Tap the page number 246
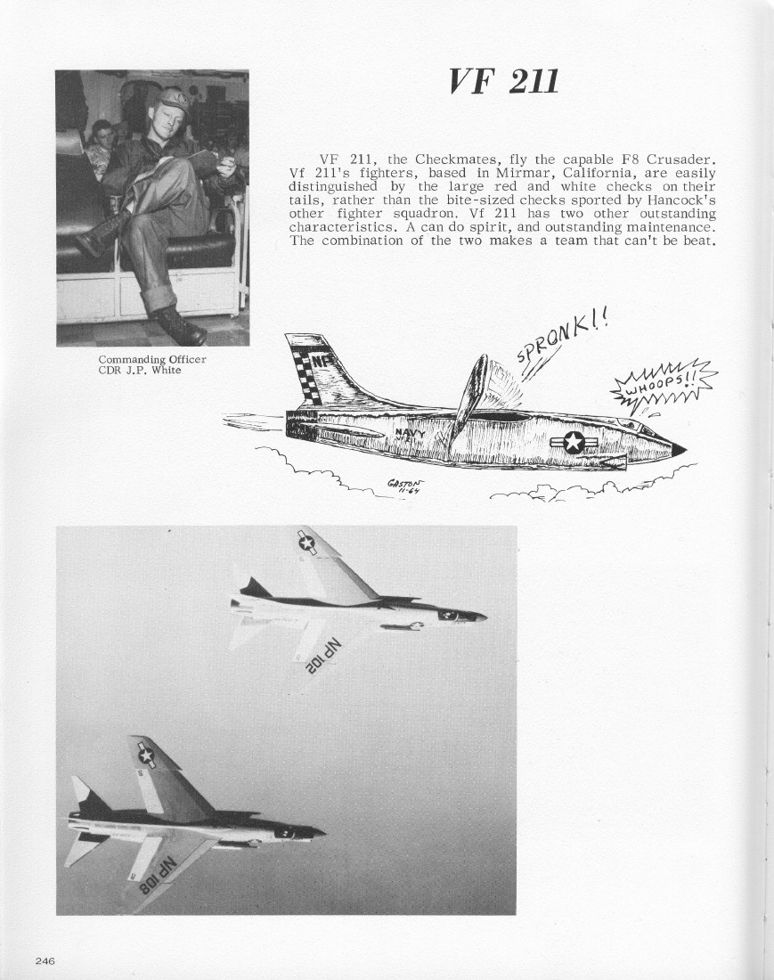(45, 960)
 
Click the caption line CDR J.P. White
(139, 370)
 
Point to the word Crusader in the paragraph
(680, 159)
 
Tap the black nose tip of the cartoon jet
(678, 449)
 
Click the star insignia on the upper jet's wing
(306, 542)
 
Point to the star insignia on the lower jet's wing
(145, 755)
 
